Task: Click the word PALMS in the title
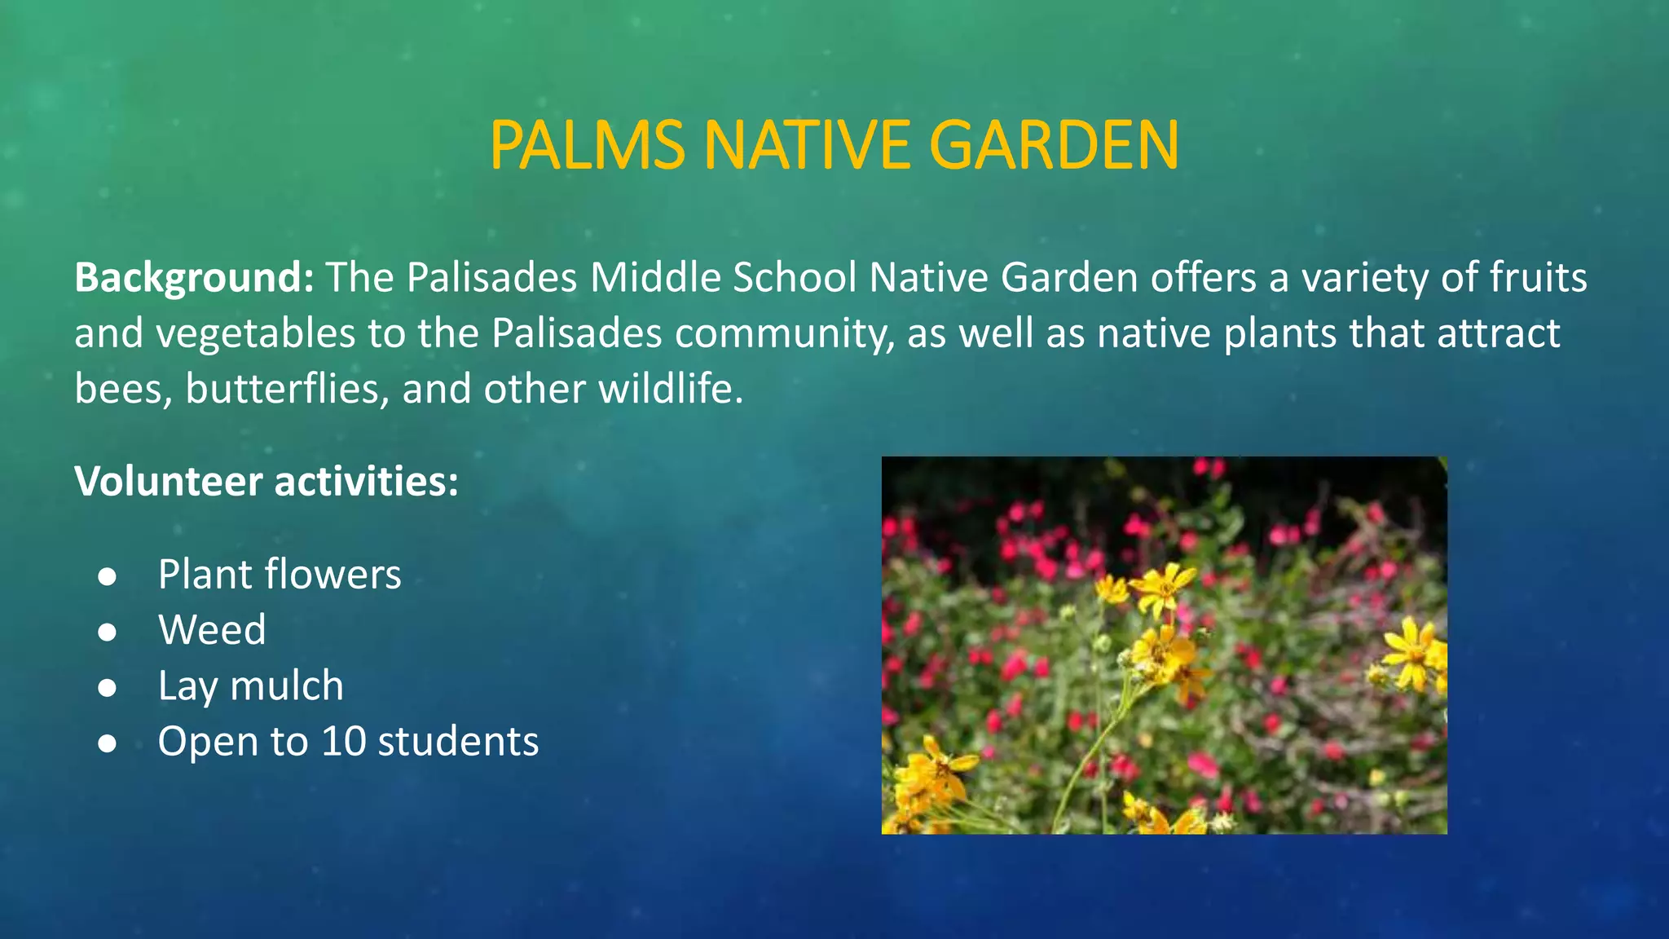tap(587, 145)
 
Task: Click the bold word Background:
tap(194, 278)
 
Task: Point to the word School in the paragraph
tap(794, 278)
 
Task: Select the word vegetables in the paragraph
tap(255, 333)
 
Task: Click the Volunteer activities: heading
tap(266, 481)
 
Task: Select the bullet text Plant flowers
tap(279, 575)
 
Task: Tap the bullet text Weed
tap(212, 630)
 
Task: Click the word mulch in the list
tap(287, 686)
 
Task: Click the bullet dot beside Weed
tap(107, 632)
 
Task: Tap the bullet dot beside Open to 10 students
tap(107, 743)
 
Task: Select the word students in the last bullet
tap(458, 742)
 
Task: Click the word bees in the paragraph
tap(122, 389)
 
